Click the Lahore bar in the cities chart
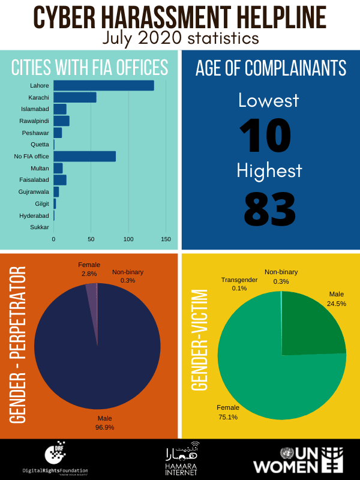coord(103,86)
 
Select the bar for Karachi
coord(75,97)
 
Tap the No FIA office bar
coord(85,157)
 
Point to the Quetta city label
coord(40,145)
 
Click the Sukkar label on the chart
coord(40,227)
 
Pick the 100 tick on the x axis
coord(128,239)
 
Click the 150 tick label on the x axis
coord(166,239)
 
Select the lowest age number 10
coord(265,136)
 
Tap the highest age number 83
coord(269,208)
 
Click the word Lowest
coord(268,100)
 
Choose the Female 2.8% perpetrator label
coord(89,269)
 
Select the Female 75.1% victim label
coord(228,413)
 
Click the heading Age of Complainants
coord(270,68)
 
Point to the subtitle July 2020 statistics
coord(180,38)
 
